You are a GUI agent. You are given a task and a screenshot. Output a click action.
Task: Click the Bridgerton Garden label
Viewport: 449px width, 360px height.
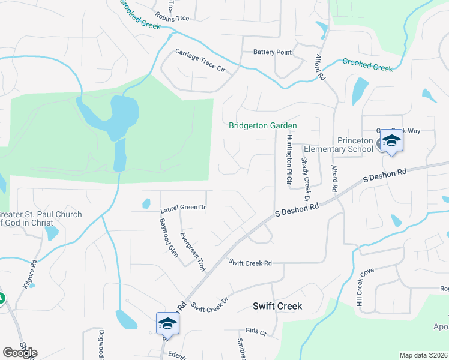coord(263,125)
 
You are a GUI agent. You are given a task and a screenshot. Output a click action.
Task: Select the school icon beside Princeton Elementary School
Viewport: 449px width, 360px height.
coord(391,142)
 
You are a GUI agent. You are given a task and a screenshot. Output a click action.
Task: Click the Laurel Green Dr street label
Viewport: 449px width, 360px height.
coord(183,209)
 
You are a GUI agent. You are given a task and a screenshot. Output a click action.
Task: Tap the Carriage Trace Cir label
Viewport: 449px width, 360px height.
coord(200,61)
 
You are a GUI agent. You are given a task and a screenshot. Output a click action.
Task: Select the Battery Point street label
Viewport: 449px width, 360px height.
coord(272,52)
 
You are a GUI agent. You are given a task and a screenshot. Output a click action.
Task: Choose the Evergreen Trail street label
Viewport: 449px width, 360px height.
coord(193,252)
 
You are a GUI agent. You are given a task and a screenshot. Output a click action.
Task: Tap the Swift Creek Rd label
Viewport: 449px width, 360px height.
coord(250,262)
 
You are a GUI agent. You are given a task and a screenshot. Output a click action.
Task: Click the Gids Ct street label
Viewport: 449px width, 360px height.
coord(256,331)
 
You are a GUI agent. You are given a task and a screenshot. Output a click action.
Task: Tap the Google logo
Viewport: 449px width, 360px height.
coord(20,352)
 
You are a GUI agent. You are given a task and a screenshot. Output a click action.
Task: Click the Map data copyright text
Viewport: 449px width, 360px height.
coord(423,355)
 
